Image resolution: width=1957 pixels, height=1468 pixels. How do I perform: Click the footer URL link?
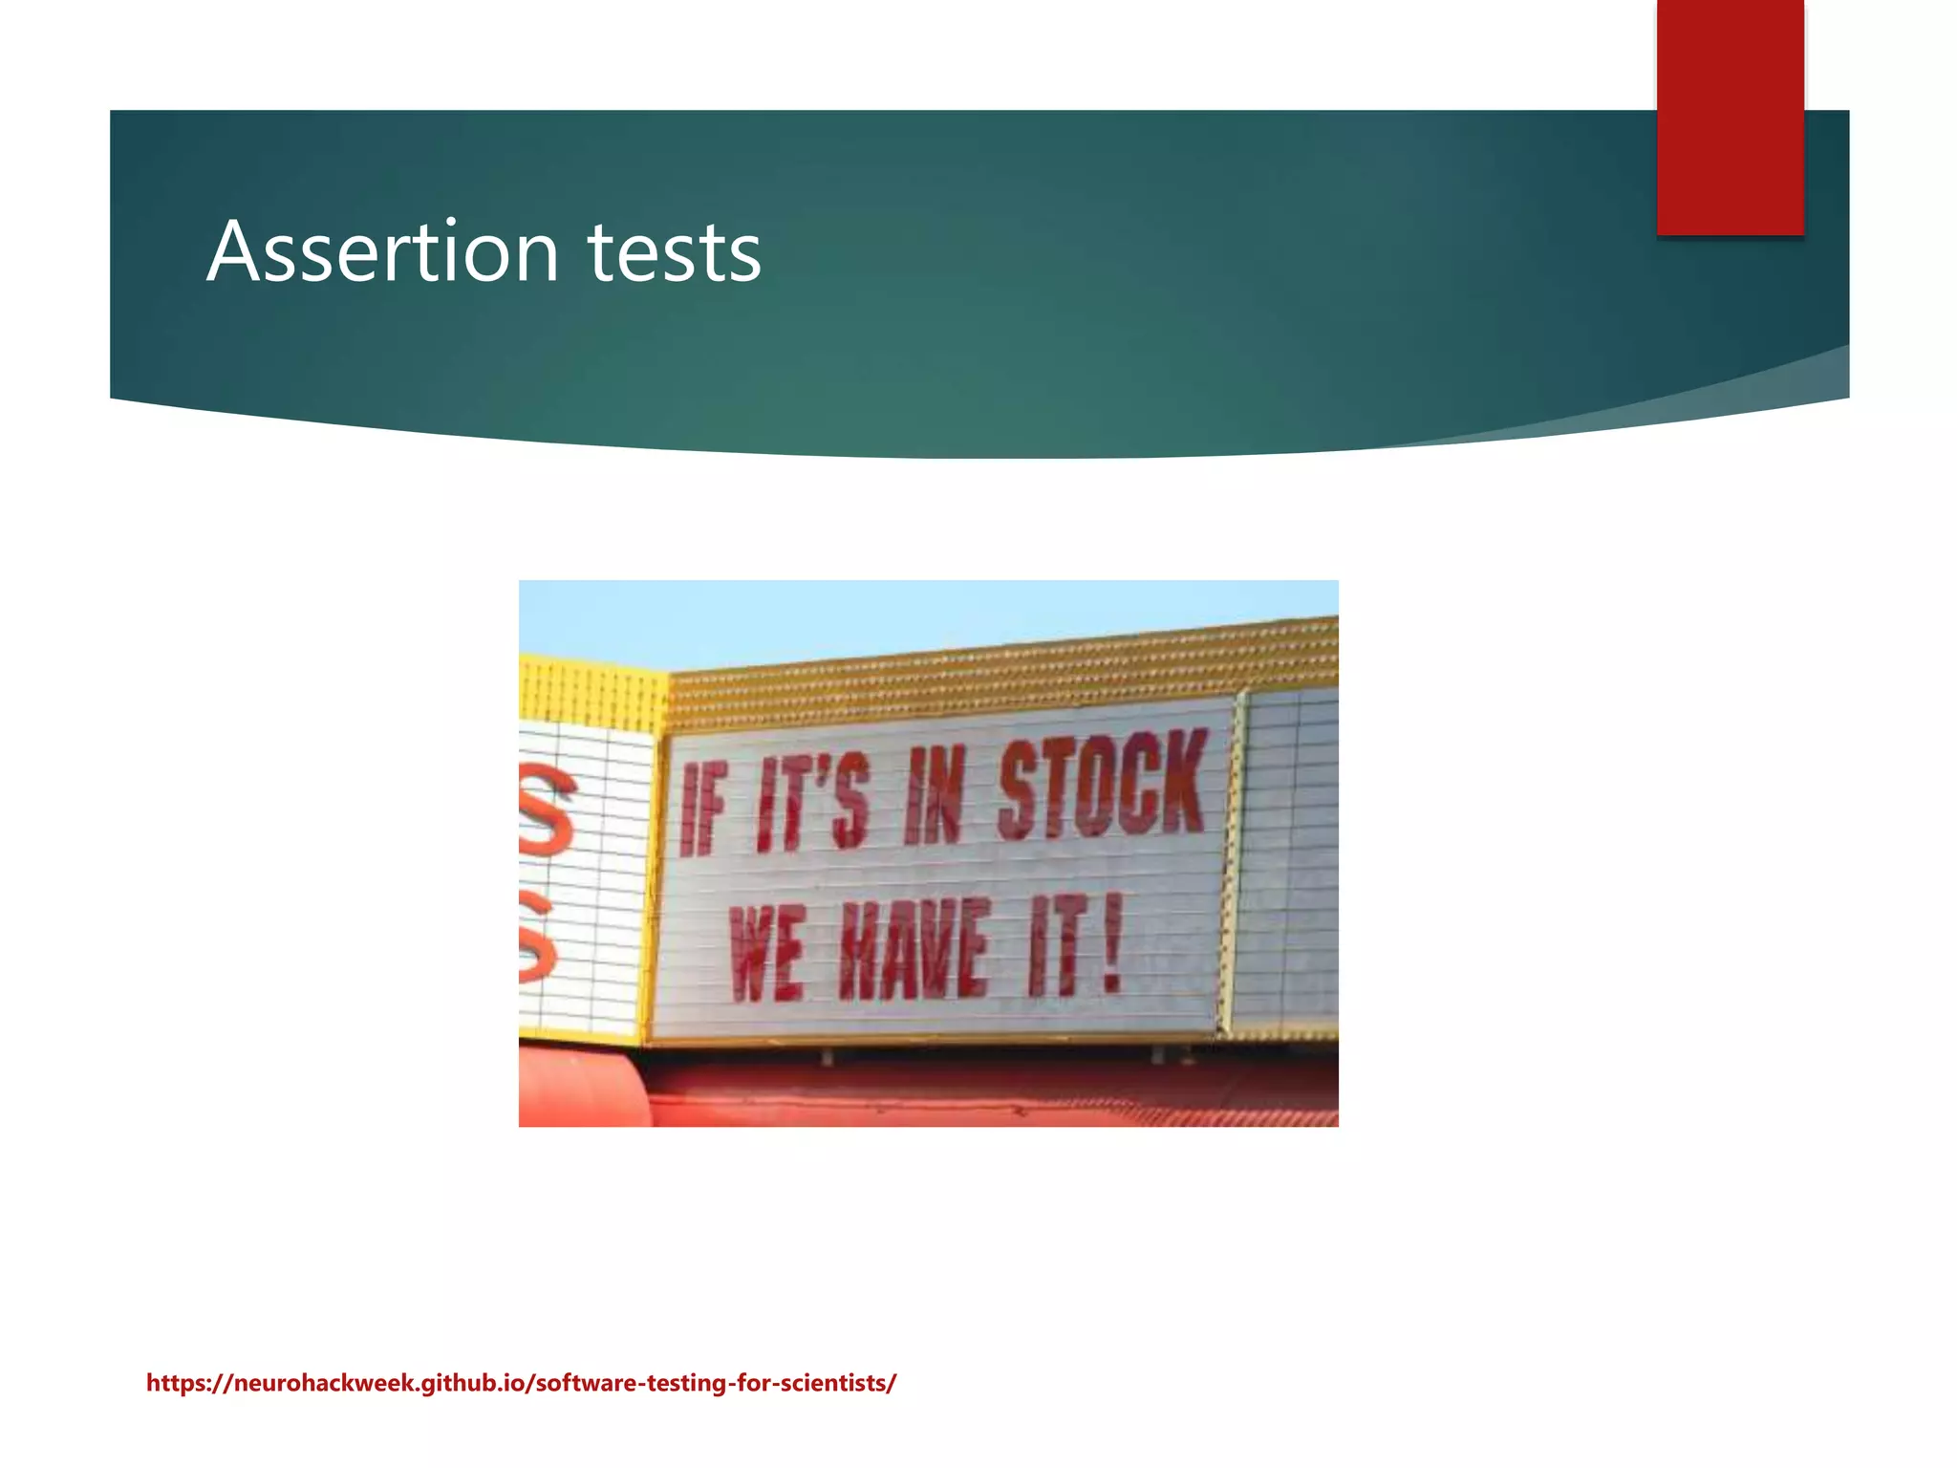(521, 1383)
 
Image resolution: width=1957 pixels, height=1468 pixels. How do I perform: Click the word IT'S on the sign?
(812, 801)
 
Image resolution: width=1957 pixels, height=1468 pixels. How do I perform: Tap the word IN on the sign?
(935, 795)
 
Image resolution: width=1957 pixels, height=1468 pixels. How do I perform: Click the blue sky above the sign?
(860, 616)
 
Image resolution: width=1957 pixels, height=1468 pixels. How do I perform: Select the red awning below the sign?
(956, 1094)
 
